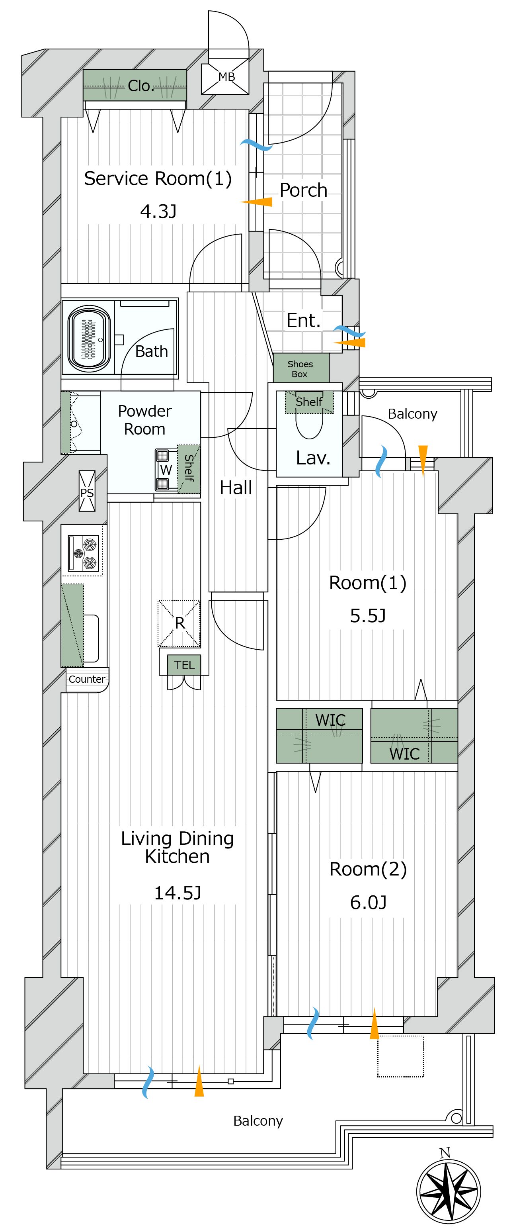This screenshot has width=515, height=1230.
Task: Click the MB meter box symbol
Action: pos(225,76)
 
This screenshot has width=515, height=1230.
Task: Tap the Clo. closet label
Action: pos(140,86)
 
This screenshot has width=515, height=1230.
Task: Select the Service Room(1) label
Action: pos(158,178)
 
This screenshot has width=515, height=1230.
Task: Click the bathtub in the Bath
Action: pos(89,339)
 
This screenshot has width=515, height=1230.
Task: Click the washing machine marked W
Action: pos(165,470)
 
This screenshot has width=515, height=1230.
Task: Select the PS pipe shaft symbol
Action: pos(87,491)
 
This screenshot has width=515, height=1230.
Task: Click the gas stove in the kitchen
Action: pos(84,553)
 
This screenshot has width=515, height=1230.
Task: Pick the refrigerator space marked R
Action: pos(179,623)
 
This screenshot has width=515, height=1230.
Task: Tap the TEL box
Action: pos(184,665)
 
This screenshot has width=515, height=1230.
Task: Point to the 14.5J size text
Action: pos(178,892)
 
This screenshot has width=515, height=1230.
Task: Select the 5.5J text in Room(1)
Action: pos(368,615)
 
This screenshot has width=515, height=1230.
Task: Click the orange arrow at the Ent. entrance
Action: pos(349,343)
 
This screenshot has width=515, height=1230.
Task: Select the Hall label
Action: pos(236,488)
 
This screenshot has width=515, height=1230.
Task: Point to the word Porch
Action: pos(304,190)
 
